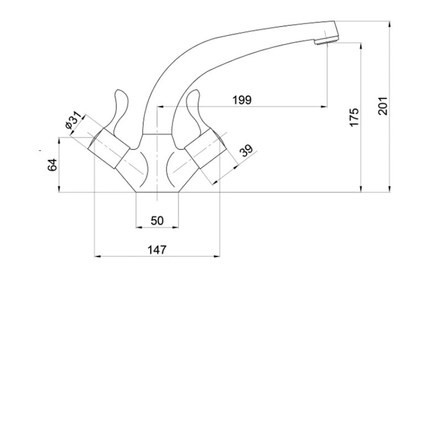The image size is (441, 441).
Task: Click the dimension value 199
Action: pyautogui.click(x=242, y=100)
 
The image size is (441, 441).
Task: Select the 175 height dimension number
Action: pyautogui.click(x=354, y=117)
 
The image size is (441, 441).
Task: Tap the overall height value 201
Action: pyautogui.click(x=383, y=106)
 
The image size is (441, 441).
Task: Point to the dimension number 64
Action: pyautogui.click(x=52, y=165)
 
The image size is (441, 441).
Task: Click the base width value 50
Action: pyautogui.click(x=157, y=221)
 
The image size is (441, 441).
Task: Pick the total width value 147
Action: pyautogui.click(x=157, y=250)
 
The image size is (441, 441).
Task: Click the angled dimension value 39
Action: pyautogui.click(x=246, y=150)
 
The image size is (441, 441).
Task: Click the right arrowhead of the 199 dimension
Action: pyautogui.click(x=324, y=106)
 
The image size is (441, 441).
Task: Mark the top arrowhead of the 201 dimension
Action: pyautogui.click(x=390, y=24)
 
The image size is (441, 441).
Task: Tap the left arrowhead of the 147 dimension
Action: pyautogui.click(x=98, y=256)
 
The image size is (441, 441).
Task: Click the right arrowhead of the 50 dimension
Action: pyautogui.click(x=175, y=227)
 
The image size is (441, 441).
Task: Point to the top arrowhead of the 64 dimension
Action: pyautogui.click(x=59, y=140)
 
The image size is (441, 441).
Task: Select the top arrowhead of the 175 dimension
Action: pyautogui.click(x=361, y=46)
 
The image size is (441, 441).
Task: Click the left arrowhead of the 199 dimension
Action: pyautogui.click(x=160, y=106)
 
